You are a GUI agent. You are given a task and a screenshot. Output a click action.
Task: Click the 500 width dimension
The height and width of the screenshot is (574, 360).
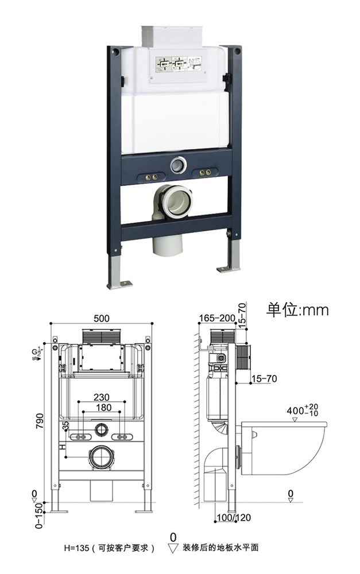coord(102,317)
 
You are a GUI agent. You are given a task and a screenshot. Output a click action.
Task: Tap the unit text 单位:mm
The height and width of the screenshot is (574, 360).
coord(297,310)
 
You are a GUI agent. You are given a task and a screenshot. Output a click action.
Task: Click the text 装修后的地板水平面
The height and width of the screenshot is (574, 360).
coord(216,548)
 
